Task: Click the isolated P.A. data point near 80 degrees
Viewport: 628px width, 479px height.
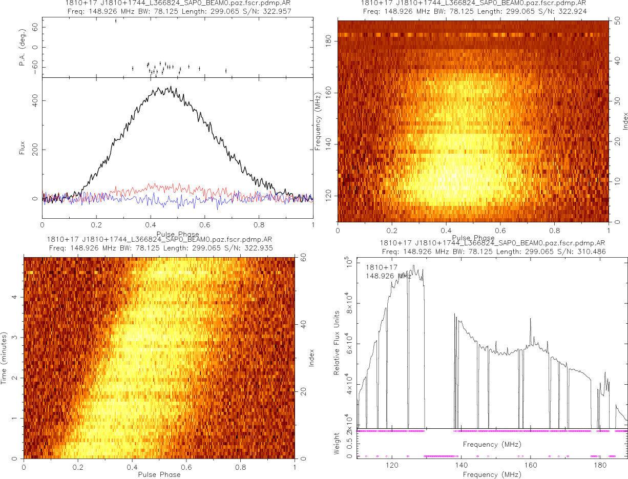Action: pyautogui.click(x=116, y=21)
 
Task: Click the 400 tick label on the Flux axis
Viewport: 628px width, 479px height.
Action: pyautogui.click(x=36, y=100)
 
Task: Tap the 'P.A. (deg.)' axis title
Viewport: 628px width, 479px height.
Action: pyautogui.click(x=22, y=47)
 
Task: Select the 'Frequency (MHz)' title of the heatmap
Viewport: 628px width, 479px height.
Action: pyautogui.click(x=318, y=121)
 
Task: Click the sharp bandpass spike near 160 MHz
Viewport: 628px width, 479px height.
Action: pyautogui.click(x=530, y=319)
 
